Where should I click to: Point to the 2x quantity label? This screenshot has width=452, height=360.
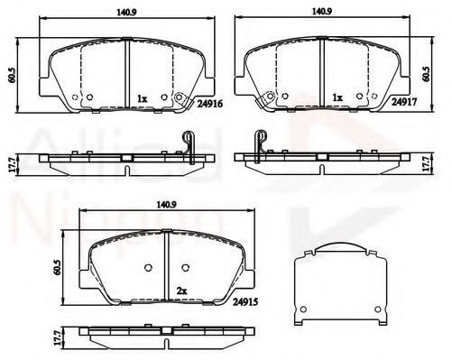click(x=182, y=291)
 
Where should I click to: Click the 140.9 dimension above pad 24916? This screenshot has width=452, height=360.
click(x=125, y=12)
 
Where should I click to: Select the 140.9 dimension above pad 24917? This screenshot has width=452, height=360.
click(x=321, y=12)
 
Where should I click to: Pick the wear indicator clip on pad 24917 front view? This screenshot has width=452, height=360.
click(x=265, y=104)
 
